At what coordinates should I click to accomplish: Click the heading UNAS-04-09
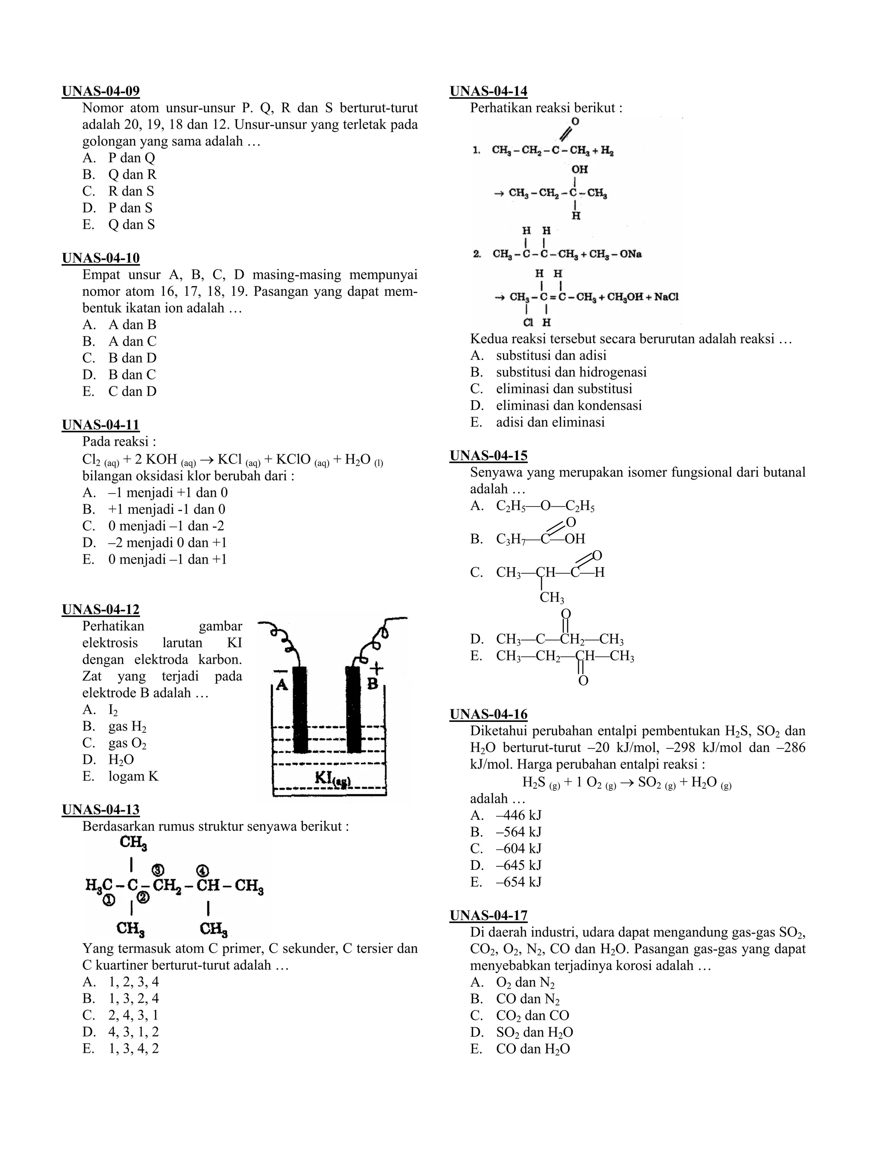[101, 91]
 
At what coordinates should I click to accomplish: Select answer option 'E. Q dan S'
[119, 225]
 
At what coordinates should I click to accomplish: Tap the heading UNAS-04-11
[101, 424]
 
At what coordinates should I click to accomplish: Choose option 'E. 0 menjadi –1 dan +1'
[155, 559]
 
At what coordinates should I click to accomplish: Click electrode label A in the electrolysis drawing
[282, 685]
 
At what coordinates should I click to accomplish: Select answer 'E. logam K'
[121, 776]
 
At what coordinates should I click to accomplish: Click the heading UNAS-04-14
[489, 91]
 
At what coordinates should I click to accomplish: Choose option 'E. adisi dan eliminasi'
[538, 422]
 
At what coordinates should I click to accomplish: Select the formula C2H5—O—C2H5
[545, 506]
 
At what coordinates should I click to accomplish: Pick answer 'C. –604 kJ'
[506, 849]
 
